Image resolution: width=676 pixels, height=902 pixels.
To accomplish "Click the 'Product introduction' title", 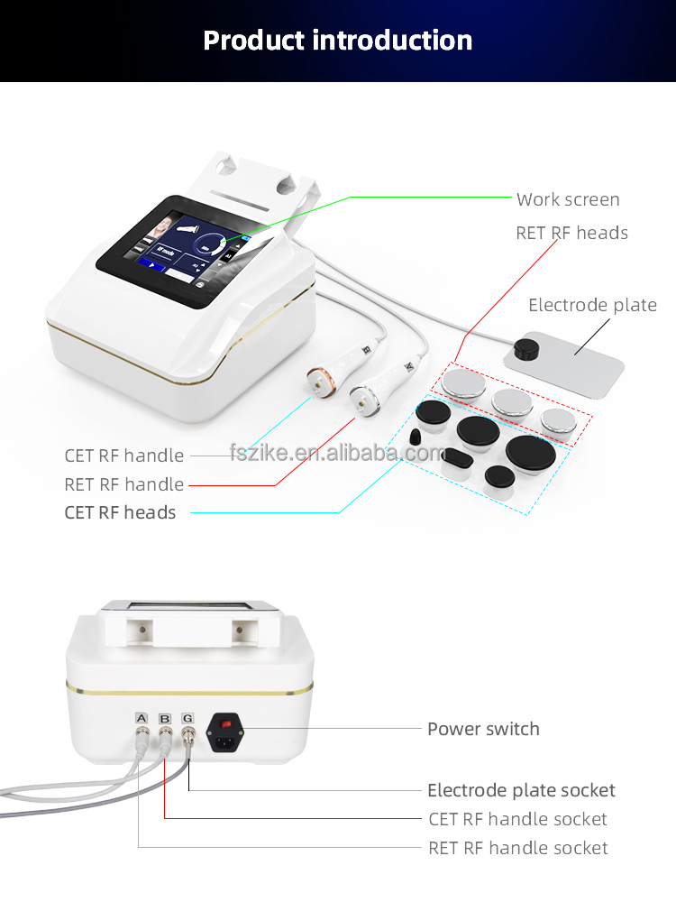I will point(338,41).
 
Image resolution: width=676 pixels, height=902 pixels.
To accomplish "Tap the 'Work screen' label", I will point(568,199).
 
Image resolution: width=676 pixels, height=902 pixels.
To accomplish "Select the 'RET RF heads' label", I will point(571,233).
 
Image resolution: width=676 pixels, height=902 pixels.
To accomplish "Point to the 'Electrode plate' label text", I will point(592,305).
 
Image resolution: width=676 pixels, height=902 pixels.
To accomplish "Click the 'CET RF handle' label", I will point(124,456).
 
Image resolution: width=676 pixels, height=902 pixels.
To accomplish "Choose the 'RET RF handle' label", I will point(124,484).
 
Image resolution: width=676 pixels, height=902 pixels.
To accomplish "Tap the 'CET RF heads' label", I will point(121,512).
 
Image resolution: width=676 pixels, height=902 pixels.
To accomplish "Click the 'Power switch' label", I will point(483,729).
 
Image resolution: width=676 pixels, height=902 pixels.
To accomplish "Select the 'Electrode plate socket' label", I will point(521,790).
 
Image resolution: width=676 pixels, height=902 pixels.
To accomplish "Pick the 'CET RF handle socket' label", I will point(517,819).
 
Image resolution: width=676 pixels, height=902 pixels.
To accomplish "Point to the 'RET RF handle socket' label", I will point(517,848).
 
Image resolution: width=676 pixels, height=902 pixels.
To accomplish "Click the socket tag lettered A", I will point(141,718).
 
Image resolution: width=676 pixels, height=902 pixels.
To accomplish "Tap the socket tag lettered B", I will point(164,718).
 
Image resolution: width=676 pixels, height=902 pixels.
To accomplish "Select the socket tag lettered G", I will point(187,718).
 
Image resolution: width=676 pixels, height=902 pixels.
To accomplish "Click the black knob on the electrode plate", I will point(523,349).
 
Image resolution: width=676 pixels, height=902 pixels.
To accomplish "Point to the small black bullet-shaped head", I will point(415,437).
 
